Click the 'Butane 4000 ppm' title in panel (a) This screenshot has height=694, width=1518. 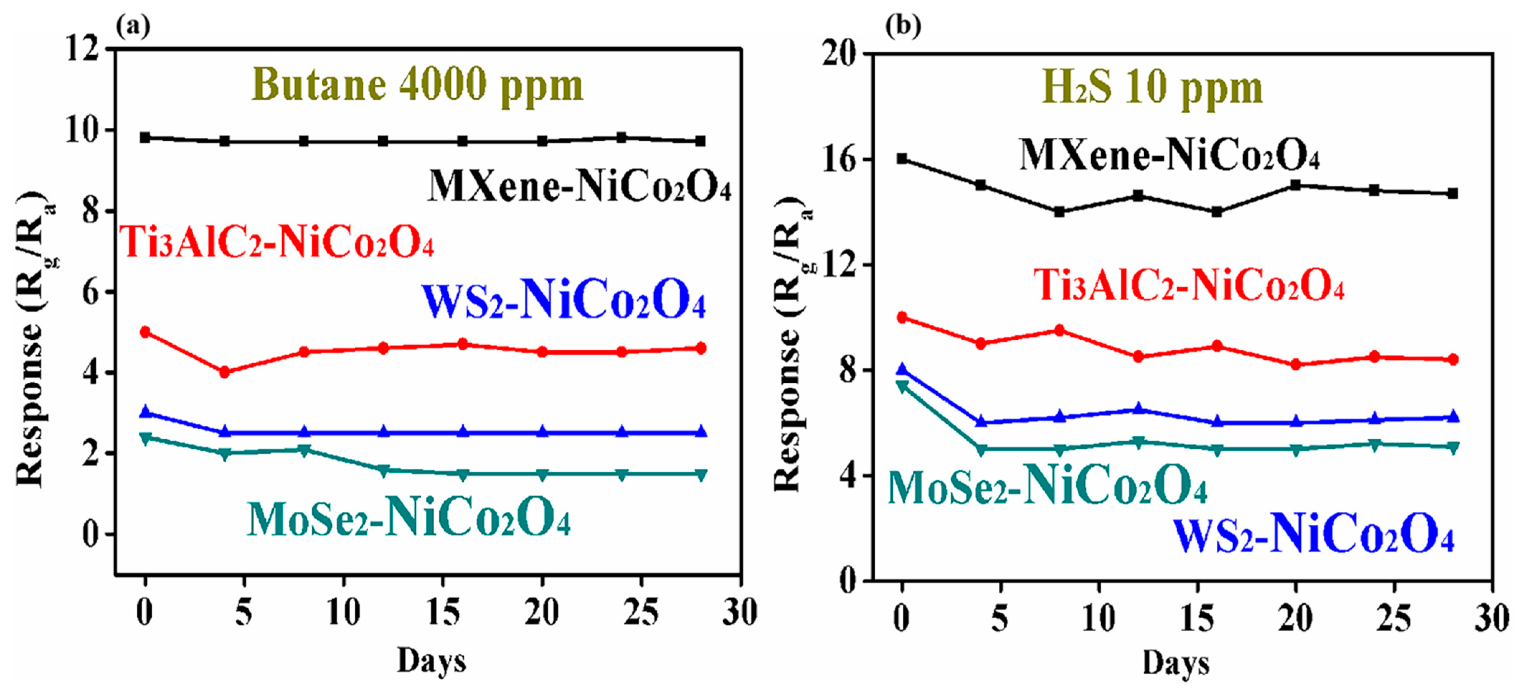tap(417, 85)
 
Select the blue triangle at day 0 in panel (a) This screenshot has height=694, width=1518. tap(145, 412)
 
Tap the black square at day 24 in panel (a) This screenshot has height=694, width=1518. tap(621, 137)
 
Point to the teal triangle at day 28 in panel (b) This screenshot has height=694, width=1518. tap(1453, 448)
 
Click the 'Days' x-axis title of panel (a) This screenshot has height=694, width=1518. tap(431, 660)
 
